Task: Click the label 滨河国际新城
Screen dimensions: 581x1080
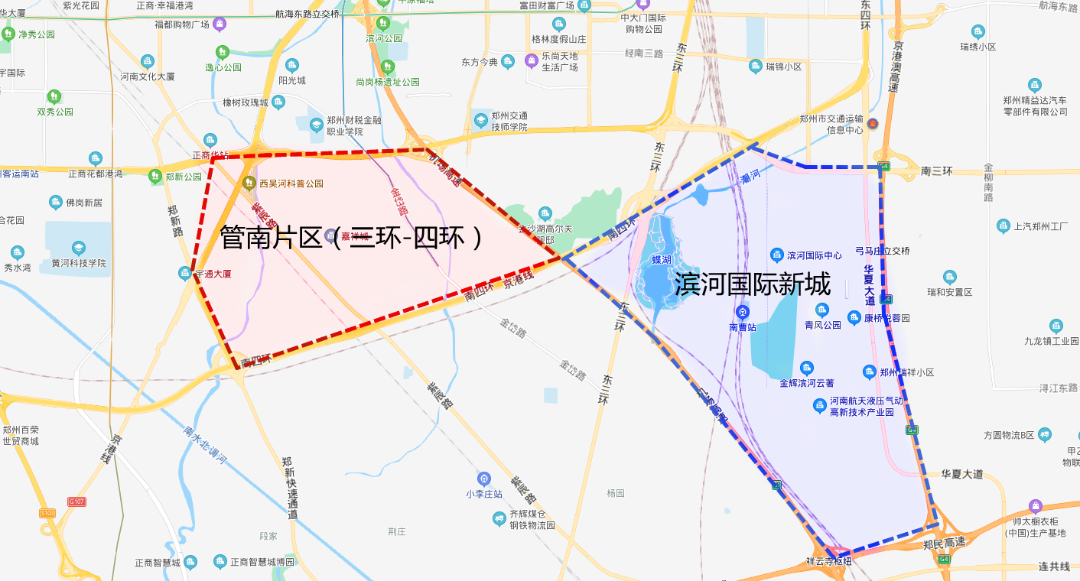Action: pos(752,285)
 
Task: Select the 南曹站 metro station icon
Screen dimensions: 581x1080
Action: pos(742,312)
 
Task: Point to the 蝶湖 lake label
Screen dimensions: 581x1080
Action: pos(662,260)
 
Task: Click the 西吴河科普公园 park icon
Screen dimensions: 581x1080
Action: pos(249,183)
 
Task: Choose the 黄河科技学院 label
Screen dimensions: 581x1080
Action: pos(79,263)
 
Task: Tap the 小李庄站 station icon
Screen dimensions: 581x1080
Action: pos(483,479)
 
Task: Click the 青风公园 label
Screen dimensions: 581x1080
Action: pos(822,325)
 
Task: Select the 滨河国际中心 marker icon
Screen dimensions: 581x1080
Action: pos(776,255)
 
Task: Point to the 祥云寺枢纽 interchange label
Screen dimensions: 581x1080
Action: pos(828,561)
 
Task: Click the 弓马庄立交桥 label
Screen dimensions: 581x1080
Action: pos(882,251)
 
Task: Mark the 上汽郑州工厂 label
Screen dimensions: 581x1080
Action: pos(1040,226)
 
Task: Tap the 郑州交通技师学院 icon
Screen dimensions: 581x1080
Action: pos(480,121)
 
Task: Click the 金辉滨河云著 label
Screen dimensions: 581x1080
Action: pos(806,383)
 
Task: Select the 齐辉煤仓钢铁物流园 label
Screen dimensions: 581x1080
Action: pos(532,520)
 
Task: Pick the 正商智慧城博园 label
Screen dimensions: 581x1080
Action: pos(262,563)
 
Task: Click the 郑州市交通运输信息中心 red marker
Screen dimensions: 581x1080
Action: pos(873,124)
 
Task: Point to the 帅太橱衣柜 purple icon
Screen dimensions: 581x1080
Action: pos(1036,506)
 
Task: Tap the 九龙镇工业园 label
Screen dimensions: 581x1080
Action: pos(1051,341)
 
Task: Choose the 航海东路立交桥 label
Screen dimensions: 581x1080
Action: pos(307,14)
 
